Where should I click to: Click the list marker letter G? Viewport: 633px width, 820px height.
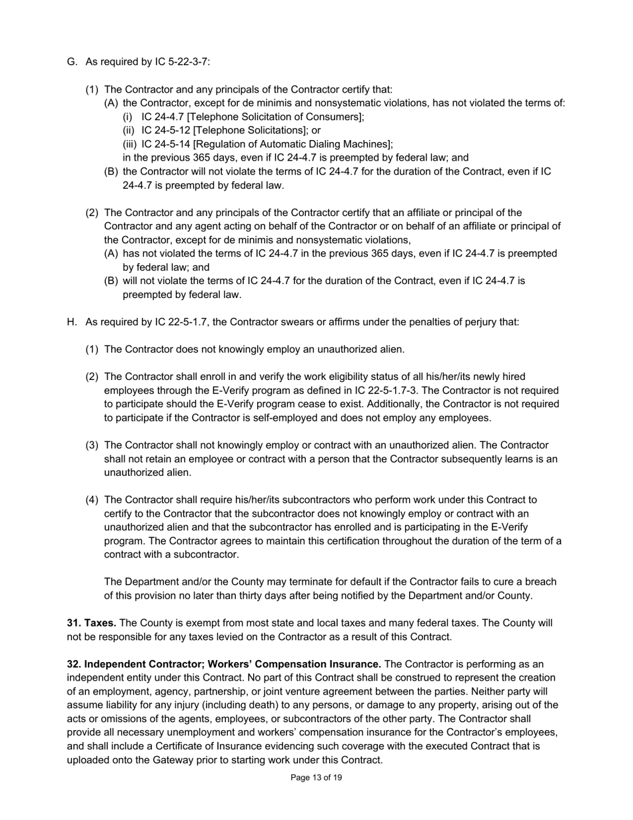pos(72,62)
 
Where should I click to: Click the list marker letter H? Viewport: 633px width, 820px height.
pos(72,322)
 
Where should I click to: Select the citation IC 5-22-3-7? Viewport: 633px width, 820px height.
pos(181,62)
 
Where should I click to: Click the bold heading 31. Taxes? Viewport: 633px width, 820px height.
pos(92,623)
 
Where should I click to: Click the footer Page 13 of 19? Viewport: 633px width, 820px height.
pos(316,777)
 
